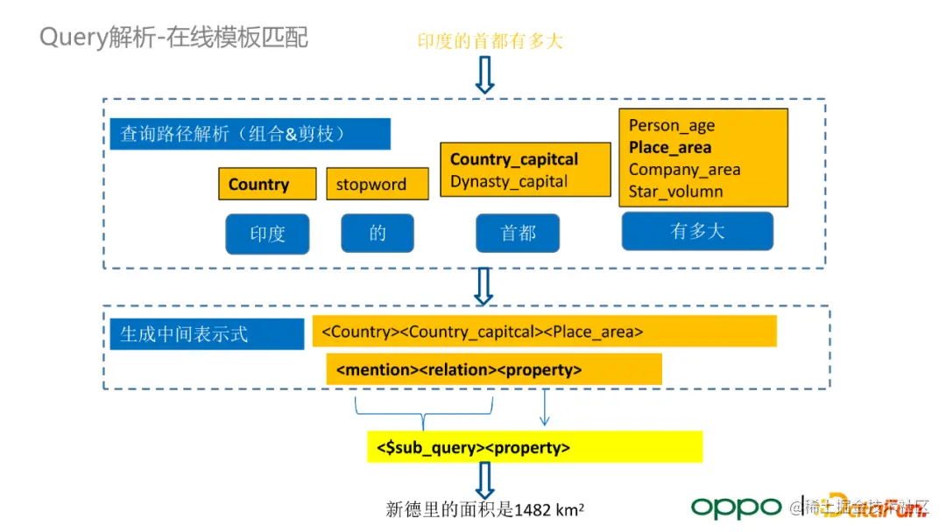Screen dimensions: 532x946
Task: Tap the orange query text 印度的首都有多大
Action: (484, 41)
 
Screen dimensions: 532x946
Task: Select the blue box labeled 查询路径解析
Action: (250, 134)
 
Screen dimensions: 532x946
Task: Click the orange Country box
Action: (266, 184)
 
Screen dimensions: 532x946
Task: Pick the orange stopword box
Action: (377, 184)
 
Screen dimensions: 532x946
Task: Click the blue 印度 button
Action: (267, 234)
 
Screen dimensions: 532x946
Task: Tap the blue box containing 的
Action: (377, 234)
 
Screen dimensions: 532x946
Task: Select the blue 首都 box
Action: (518, 234)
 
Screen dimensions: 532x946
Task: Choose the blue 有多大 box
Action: (697, 232)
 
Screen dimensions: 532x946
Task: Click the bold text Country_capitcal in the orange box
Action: (514, 159)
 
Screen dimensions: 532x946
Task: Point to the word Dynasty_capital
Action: (509, 182)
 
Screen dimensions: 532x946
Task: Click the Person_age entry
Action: (672, 125)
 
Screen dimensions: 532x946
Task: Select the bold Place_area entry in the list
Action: (669, 147)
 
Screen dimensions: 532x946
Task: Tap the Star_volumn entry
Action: (675, 192)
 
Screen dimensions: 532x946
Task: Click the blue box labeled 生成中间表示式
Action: (207, 334)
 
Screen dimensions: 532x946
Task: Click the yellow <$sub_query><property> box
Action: (534, 447)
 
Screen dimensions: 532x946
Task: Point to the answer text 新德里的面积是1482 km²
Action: (485, 509)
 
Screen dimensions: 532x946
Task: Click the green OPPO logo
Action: (736, 507)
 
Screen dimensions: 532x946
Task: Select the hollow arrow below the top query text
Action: (484, 75)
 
